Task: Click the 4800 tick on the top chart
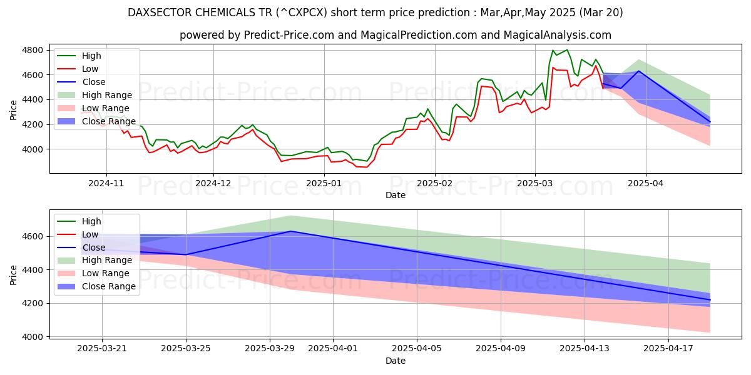(x=34, y=50)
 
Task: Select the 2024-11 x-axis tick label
(x=106, y=184)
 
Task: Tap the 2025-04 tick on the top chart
(x=645, y=184)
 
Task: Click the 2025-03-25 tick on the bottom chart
(x=186, y=349)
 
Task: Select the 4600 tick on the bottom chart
(x=34, y=236)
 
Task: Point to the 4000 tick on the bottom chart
(x=34, y=337)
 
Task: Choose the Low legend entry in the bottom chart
(x=91, y=234)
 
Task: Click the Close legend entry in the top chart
(x=94, y=82)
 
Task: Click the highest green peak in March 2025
(x=567, y=50)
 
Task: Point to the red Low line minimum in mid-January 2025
(x=366, y=167)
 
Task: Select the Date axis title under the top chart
(x=395, y=195)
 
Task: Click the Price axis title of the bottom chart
(x=14, y=274)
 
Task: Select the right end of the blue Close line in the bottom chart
(x=710, y=300)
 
